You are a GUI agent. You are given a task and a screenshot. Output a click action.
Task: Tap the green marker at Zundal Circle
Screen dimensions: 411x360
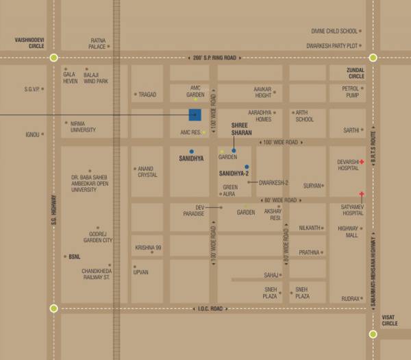pyautogui.click(x=373, y=58)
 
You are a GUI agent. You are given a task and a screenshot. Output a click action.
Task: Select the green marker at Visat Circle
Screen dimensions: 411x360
pyautogui.click(x=373, y=335)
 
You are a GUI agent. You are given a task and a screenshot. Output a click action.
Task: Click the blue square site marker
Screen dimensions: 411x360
pyautogui.click(x=195, y=115)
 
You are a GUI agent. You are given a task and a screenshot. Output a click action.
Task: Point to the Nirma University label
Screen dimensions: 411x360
pyautogui.click(x=82, y=127)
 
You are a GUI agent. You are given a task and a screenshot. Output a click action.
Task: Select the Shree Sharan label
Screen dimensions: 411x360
pyautogui.click(x=241, y=128)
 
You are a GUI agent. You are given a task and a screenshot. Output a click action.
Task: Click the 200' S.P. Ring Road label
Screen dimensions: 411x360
pyautogui.click(x=214, y=58)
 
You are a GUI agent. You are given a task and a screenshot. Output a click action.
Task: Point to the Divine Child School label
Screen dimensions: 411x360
pyautogui.click(x=335, y=31)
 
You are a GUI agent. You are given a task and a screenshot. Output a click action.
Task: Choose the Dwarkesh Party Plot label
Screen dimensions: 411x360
pyautogui.click(x=333, y=45)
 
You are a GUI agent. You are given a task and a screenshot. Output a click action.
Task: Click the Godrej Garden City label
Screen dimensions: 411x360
pyautogui.click(x=98, y=237)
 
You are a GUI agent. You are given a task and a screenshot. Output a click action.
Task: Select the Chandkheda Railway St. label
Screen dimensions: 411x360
pyautogui.click(x=97, y=274)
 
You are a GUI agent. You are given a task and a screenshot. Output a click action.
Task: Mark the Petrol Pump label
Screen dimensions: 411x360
pyautogui.click(x=351, y=91)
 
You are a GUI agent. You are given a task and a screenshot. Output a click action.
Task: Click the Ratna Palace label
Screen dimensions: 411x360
pyautogui.click(x=98, y=44)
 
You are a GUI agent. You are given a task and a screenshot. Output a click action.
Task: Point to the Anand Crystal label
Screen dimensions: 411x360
pyautogui.click(x=148, y=171)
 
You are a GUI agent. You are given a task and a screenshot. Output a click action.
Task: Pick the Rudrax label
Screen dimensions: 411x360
pyautogui.click(x=351, y=298)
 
